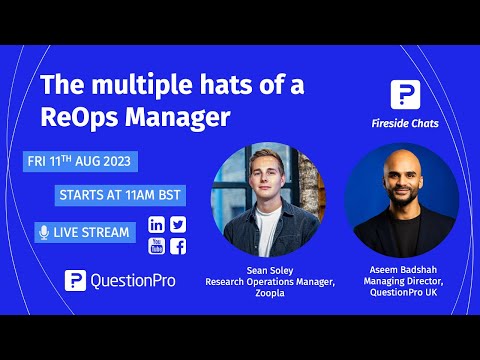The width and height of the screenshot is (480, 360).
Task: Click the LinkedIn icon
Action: [157, 225]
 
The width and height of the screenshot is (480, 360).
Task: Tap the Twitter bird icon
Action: [178, 225]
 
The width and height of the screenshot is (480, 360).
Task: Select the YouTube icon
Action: [157, 246]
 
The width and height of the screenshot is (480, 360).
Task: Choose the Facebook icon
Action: [178, 246]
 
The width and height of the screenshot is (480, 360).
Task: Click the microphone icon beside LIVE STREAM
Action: [43, 233]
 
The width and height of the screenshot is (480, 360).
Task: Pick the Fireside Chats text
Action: [405, 124]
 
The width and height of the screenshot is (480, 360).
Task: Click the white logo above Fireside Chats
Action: [405, 95]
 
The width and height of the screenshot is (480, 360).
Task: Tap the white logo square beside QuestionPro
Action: [75, 280]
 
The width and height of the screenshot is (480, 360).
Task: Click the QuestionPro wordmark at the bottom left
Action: [132, 280]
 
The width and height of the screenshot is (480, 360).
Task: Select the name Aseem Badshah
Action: [400, 271]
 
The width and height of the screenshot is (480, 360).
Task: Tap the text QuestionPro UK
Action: [400, 293]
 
